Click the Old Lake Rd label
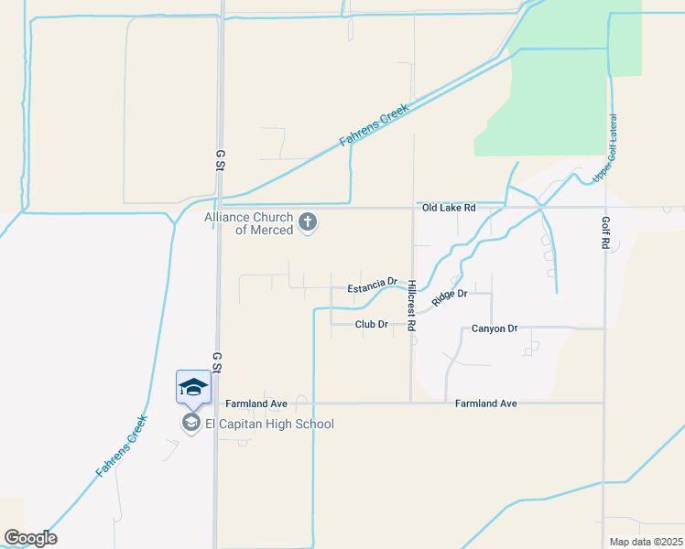(449, 208)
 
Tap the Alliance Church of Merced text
(249, 223)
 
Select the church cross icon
(308, 222)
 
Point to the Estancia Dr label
(372, 288)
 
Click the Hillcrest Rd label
(412, 305)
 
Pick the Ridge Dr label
(450, 297)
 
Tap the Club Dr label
(373, 324)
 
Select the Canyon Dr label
(495, 328)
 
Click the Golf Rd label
(605, 233)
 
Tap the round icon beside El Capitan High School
(190, 423)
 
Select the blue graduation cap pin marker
(194, 386)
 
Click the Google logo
(30, 538)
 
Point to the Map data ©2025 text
(646, 542)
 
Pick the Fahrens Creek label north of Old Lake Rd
(373, 124)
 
